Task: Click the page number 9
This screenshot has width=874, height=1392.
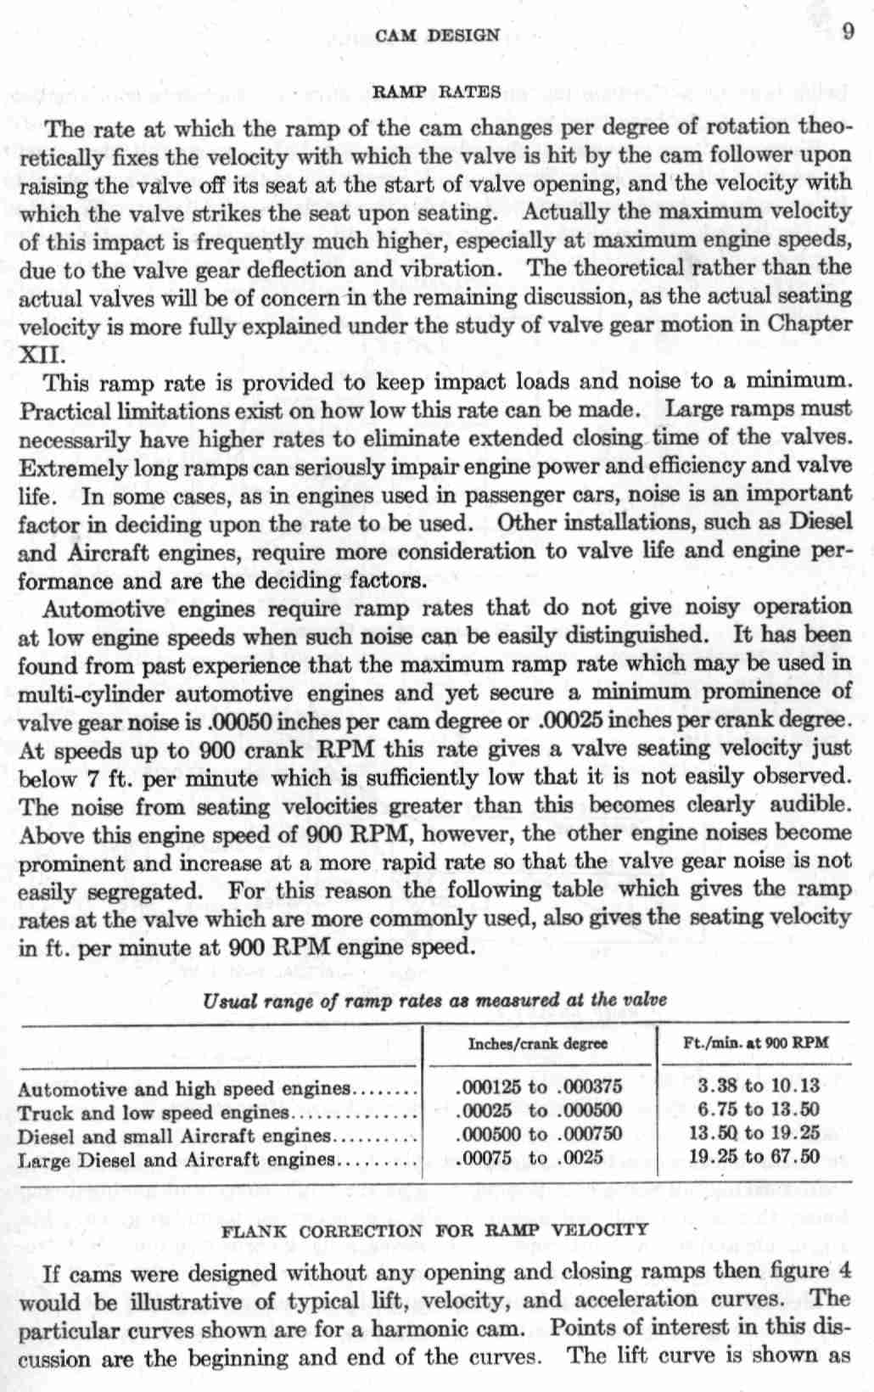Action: point(848,33)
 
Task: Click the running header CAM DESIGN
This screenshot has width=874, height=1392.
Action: point(437,35)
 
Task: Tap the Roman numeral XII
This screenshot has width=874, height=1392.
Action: point(36,354)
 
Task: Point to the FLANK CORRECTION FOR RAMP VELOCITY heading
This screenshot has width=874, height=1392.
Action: point(434,1229)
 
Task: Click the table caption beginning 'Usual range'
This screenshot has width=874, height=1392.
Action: point(434,1000)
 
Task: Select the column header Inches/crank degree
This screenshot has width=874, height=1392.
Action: point(538,1043)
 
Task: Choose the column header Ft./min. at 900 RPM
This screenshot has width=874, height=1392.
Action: point(755,1043)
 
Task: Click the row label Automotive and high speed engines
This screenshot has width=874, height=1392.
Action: point(183,1089)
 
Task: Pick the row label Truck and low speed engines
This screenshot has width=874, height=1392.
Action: point(154,1112)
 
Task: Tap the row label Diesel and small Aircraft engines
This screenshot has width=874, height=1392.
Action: point(173,1135)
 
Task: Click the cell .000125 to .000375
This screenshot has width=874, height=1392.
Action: point(539,1087)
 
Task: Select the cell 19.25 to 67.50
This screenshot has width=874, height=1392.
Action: point(754,1156)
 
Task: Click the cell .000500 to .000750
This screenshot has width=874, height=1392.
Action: point(539,1134)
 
